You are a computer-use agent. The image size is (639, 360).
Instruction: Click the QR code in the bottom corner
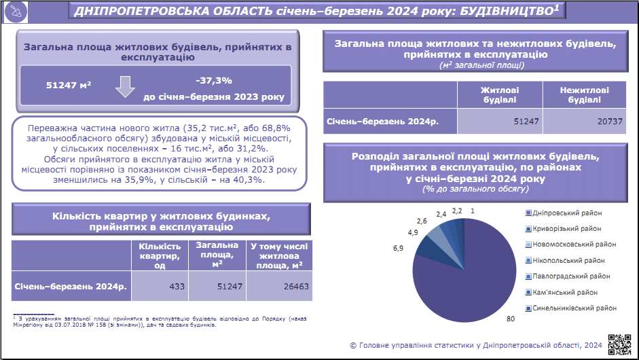619,344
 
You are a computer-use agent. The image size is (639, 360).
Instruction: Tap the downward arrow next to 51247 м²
125,86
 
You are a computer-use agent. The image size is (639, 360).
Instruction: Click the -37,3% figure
214,80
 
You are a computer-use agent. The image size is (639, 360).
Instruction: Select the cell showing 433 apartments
160,286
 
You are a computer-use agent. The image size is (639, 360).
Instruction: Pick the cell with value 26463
279,286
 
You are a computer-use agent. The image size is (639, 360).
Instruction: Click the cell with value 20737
585,121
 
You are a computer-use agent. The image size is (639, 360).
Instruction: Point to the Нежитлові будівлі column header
585,94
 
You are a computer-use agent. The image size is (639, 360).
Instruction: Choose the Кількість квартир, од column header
160,255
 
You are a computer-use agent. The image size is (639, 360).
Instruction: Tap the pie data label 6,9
398,248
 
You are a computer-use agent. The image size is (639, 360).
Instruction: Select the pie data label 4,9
413,232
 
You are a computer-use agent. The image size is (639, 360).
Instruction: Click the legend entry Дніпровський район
564,213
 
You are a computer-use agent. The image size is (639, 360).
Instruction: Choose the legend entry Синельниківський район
571,308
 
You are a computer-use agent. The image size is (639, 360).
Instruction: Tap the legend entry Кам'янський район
562,292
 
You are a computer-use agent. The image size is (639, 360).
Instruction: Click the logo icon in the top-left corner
16,12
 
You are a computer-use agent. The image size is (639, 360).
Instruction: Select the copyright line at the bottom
475,345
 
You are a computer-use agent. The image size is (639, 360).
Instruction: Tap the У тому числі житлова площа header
279,255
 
